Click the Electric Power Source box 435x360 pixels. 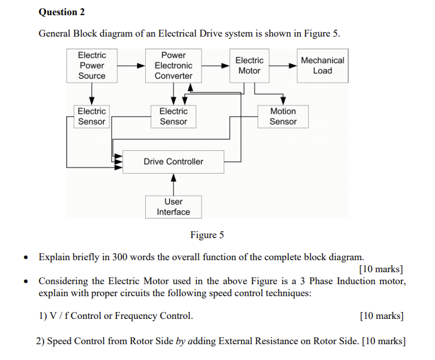point(92,66)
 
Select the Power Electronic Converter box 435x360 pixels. point(174,66)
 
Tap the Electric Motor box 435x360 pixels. point(249,66)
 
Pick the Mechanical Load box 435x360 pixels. point(322,66)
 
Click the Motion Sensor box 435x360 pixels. point(283,116)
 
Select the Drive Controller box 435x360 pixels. point(174,162)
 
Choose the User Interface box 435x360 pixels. point(174,207)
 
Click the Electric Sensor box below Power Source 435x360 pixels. point(92,116)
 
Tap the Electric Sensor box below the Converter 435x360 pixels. point(174,116)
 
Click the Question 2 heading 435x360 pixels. point(61,12)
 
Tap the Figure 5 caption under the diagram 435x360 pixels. point(207,236)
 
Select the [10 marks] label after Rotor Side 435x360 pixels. point(384,341)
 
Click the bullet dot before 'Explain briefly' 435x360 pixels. point(25,258)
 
